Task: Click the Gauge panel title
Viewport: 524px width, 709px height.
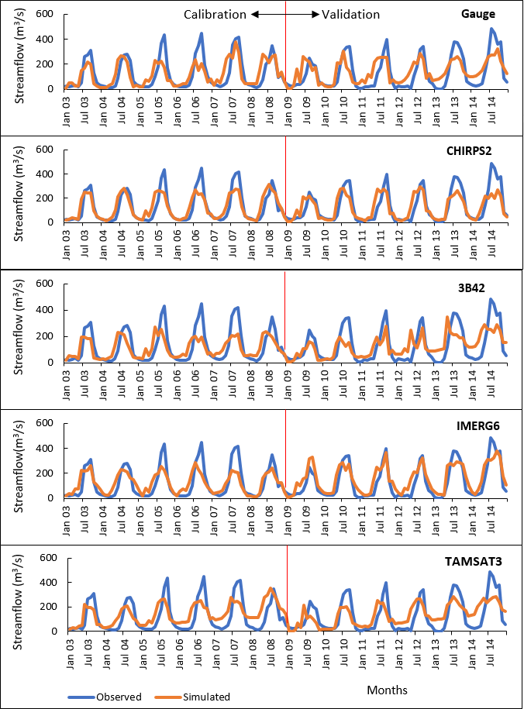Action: coord(478,14)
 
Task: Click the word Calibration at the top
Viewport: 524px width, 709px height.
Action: coord(215,14)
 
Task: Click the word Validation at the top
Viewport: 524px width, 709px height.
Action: coord(350,14)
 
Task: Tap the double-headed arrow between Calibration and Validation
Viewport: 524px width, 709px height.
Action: coord(284,14)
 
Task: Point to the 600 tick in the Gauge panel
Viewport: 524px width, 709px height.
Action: coord(45,15)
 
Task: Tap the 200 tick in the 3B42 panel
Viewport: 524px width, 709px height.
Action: coord(45,336)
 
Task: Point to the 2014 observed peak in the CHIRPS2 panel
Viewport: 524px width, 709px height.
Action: coord(491,163)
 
